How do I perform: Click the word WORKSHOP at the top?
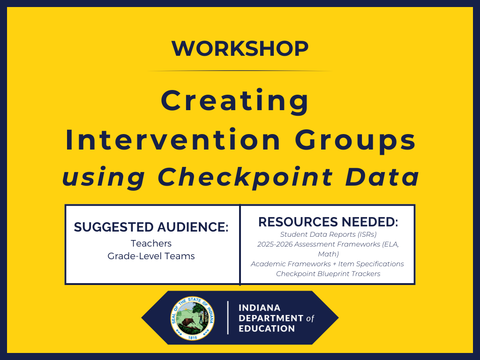(240, 48)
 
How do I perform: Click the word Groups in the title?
(355, 140)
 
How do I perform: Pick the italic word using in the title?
(104, 177)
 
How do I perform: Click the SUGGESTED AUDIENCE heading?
(151, 227)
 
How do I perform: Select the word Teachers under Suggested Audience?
(151, 243)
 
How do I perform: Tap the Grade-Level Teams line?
(151, 256)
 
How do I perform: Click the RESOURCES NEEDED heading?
(328, 222)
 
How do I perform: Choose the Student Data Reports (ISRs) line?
(328, 234)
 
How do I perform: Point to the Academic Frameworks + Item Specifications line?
(327, 264)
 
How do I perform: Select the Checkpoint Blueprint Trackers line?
(328, 274)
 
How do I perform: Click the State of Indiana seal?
(192, 318)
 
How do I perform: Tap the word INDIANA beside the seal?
(259, 308)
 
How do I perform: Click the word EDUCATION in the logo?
(267, 328)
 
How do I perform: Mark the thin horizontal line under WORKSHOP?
(240, 71)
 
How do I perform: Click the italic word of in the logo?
(310, 318)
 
